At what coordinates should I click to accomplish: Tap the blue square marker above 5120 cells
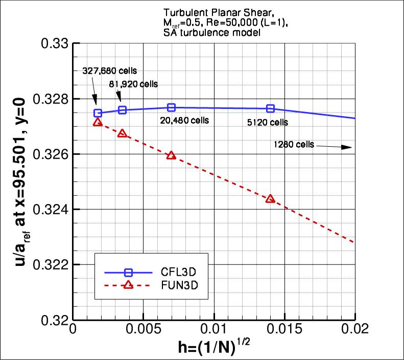pos(271,108)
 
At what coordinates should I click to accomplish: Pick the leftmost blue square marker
pos(98,113)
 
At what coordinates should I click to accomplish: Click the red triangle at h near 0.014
pos(271,199)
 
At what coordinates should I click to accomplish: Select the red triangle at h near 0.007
pos(171,155)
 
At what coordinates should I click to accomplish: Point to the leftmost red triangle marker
pos(98,122)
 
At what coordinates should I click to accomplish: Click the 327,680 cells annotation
pos(110,71)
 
